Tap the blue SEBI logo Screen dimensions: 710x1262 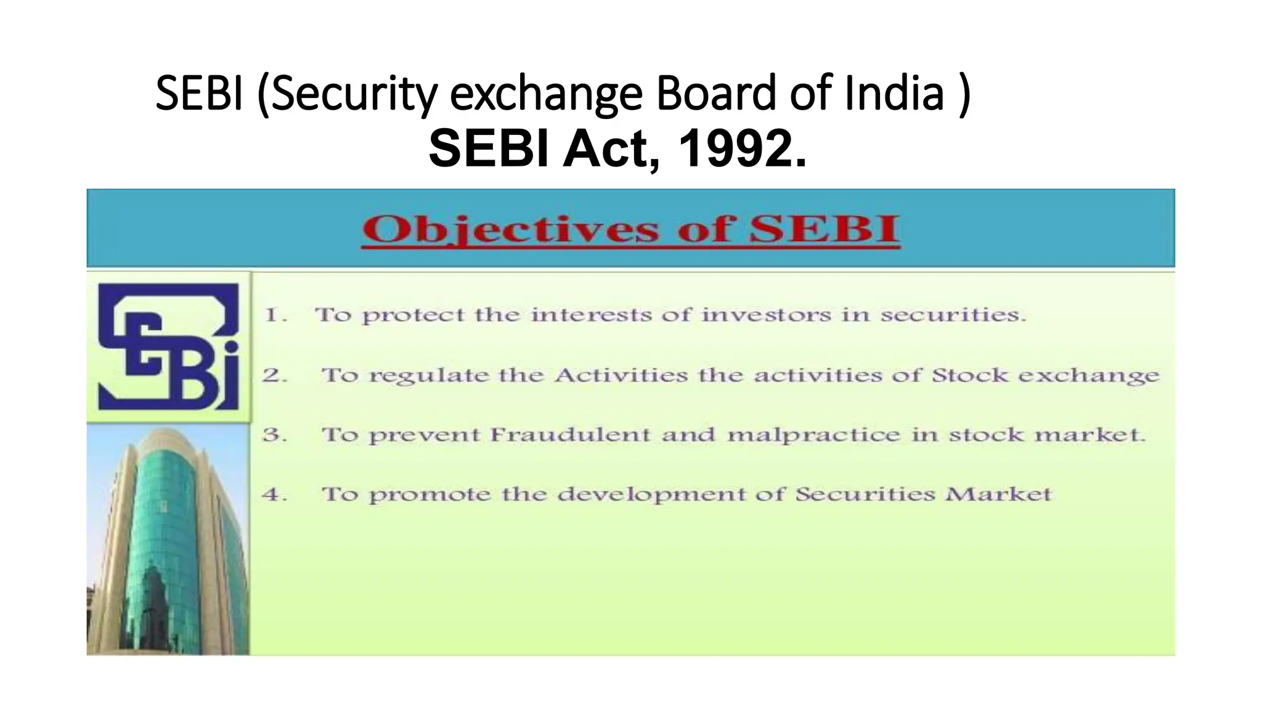click(x=168, y=346)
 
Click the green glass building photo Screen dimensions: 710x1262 click(x=168, y=539)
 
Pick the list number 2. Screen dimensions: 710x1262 click(x=275, y=375)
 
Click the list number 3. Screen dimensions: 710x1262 click(x=275, y=435)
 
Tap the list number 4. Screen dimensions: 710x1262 click(x=275, y=494)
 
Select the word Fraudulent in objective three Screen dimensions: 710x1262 click(x=570, y=435)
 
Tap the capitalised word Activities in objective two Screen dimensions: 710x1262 click(x=621, y=375)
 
